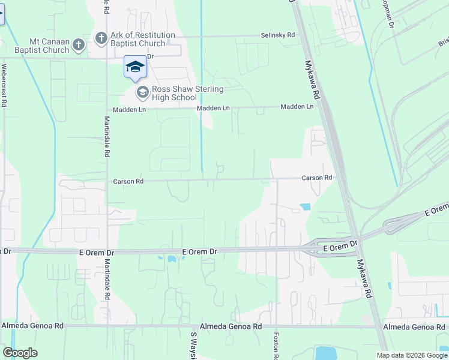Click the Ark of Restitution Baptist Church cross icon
pos(101,39)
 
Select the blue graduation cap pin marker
pos(135,67)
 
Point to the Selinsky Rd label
pos(277,36)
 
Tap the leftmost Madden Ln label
pos(130,110)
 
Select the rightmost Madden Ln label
pos(297,107)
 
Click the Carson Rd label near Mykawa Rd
pos(317,178)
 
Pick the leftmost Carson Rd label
pos(128,181)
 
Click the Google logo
pos(20,353)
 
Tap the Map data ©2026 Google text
pos(411,355)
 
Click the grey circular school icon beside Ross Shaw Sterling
pos(142,92)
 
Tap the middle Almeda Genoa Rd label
pos(232,326)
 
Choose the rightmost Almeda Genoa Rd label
pos(414,327)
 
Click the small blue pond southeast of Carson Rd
pos(305,207)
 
